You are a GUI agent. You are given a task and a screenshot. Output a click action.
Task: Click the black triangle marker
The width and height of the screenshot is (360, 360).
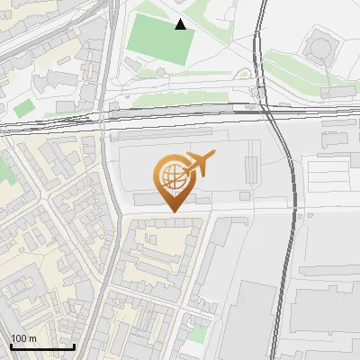click(182, 24)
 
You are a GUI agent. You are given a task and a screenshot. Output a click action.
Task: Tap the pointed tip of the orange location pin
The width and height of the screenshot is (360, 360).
click(174, 211)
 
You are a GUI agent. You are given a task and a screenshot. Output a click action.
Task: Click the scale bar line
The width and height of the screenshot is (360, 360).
click(42, 346)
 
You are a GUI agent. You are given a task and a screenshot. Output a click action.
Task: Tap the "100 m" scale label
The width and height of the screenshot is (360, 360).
click(23, 338)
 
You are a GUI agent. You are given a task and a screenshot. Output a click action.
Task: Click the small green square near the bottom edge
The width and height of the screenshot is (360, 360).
click(197, 334)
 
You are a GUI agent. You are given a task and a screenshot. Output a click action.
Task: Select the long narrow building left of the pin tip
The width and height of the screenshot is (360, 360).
click(148, 197)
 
